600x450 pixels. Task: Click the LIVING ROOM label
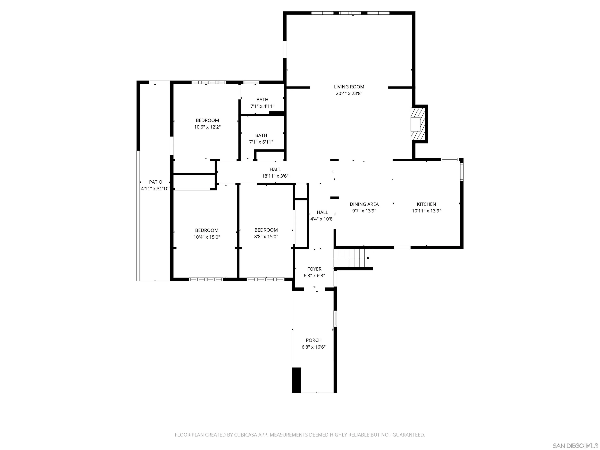coord(349,87)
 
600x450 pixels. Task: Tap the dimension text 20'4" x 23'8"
coord(349,94)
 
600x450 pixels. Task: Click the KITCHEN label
coord(426,204)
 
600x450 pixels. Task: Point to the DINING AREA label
coord(364,204)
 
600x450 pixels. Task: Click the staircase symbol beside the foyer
coord(351,258)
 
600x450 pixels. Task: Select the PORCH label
coord(313,340)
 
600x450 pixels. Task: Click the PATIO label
coord(155,182)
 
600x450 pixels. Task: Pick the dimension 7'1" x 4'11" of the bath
coord(262,106)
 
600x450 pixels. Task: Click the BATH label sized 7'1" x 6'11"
coord(261,135)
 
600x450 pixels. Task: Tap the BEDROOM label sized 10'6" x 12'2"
coord(207,121)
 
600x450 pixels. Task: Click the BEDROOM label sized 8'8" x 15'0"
coord(266,230)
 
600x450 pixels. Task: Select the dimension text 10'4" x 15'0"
coord(206,237)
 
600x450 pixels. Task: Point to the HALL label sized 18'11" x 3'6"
coord(275,170)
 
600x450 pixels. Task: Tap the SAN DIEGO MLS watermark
coord(575,446)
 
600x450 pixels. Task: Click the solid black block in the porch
coord(296,380)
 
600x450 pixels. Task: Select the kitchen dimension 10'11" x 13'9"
coord(426,211)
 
